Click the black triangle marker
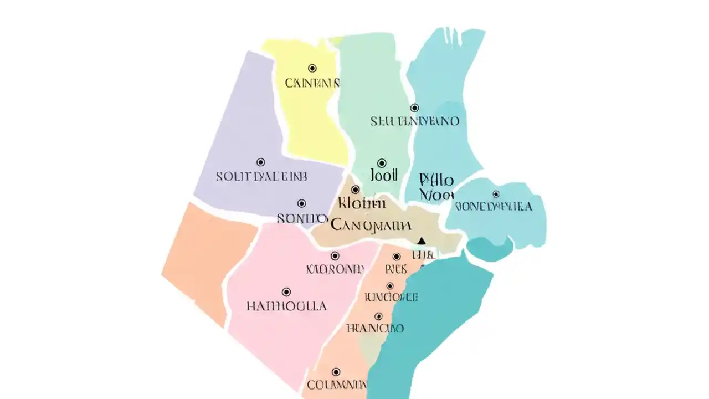(422, 241)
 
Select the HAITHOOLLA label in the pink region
(286, 306)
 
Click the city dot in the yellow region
(312, 68)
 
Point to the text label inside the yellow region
(312, 84)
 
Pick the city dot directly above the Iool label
(382, 163)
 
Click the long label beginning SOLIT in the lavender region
(261, 177)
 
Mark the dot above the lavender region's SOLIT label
(261, 162)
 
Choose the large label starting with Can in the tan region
(371, 225)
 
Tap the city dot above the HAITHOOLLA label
(286, 292)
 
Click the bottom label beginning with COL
(336, 385)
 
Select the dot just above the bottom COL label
(336, 372)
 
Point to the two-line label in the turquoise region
(436, 187)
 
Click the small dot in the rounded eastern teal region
(496, 194)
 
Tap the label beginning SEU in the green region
(415, 121)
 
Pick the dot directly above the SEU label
(414, 108)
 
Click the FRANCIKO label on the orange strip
(375, 328)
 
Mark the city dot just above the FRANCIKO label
(378, 316)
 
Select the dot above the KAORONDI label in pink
(335, 256)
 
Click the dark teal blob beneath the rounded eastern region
(490, 249)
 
